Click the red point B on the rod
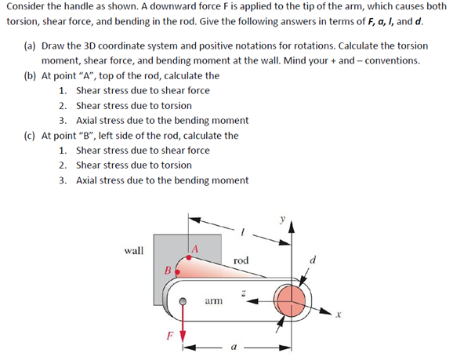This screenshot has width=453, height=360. pyautogui.click(x=176, y=271)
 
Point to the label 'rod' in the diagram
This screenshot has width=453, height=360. pyautogui.click(x=241, y=260)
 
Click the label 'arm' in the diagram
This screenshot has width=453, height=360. pyautogui.click(x=212, y=300)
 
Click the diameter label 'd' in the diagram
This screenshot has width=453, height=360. pyautogui.click(x=313, y=259)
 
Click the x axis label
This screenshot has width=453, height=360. pyautogui.click(x=339, y=316)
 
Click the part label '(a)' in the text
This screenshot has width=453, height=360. pyautogui.click(x=29, y=46)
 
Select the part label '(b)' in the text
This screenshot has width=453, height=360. pyautogui.click(x=29, y=76)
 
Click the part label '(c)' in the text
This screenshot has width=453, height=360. pyautogui.click(x=29, y=136)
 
